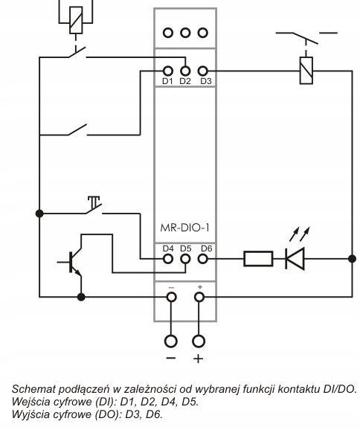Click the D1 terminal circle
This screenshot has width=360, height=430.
(x=168, y=71)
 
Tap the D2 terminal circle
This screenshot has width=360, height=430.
(x=185, y=71)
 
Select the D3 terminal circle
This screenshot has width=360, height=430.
(x=202, y=71)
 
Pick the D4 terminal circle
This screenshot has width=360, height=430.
(x=168, y=259)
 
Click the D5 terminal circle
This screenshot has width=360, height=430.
(x=185, y=259)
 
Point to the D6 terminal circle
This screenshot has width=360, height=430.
(x=202, y=259)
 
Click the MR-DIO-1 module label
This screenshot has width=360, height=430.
(x=184, y=228)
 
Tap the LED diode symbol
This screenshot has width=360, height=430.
(x=295, y=259)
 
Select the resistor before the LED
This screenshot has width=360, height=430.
(x=258, y=259)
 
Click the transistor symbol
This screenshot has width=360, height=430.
(x=72, y=262)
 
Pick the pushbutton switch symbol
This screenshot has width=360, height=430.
(x=94, y=205)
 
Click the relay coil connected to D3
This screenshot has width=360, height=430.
(x=306, y=71)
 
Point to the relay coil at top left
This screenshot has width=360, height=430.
(x=76, y=20)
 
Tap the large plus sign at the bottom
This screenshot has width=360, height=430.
(x=199, y=359)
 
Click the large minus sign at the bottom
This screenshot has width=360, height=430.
(x=171, y=358)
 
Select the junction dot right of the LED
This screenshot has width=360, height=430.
(x=352, y=259)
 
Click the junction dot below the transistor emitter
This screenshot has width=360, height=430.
(x=81, y=297)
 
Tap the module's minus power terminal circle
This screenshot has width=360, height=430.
(x=171, y=297)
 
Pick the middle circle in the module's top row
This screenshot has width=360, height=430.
(x=185, y=33)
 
